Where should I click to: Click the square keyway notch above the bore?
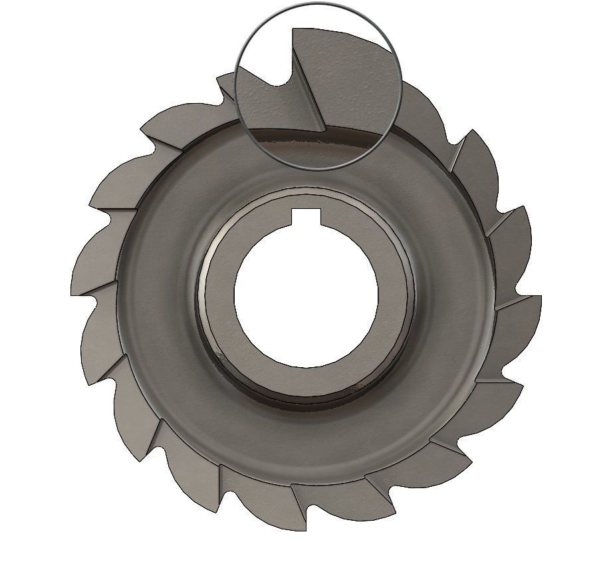coord(307,215)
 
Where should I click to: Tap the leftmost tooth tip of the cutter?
coord(71,293)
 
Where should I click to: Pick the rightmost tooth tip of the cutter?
coord(541,297)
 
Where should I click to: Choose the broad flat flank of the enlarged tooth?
coord(346,80)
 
